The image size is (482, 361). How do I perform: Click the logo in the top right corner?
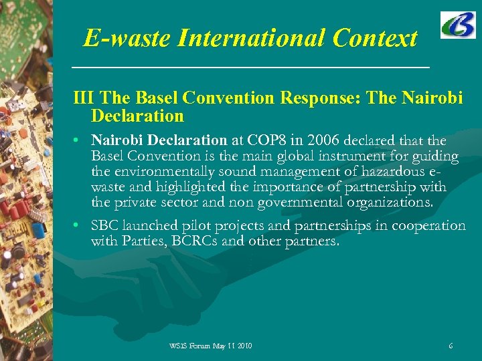pyautogui.click(x=458, y=25)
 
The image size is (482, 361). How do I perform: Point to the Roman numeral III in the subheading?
pyautogui.click(x=84, y=98)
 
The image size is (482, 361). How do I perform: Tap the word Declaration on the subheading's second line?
pyautogui.click(x=137, y=116)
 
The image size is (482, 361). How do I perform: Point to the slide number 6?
pyautogui.click(x=451, y=346)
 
